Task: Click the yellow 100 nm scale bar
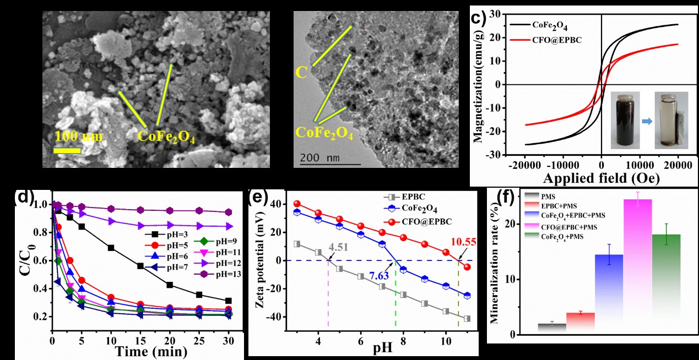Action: [x=67, y=149]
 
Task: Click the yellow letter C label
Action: [x=301, y=73]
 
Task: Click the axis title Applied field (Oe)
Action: [x=601, y=178]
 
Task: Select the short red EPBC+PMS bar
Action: [x=581, y=323]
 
